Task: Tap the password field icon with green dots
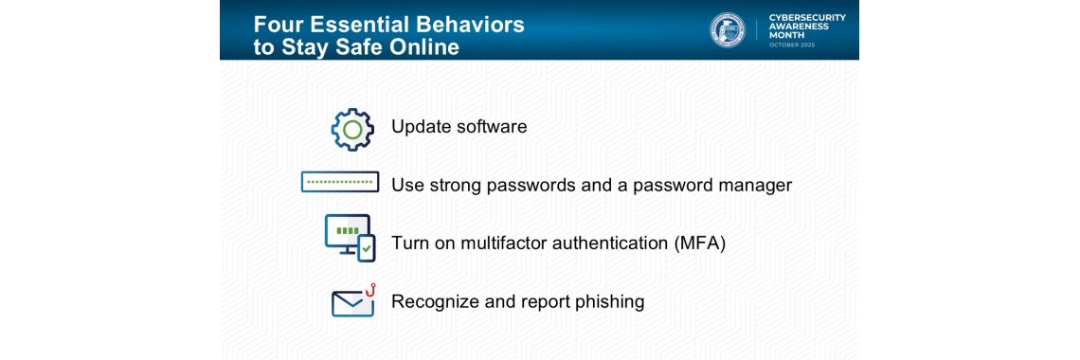tap(340, 182)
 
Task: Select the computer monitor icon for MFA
tap(347, 234)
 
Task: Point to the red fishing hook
tap(370, 290)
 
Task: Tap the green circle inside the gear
tap(352, 130)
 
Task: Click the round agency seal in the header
tap(728, 30)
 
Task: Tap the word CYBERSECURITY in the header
tap(807, 16)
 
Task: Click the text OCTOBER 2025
tap(791, 45)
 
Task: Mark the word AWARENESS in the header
tap(800, 26)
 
